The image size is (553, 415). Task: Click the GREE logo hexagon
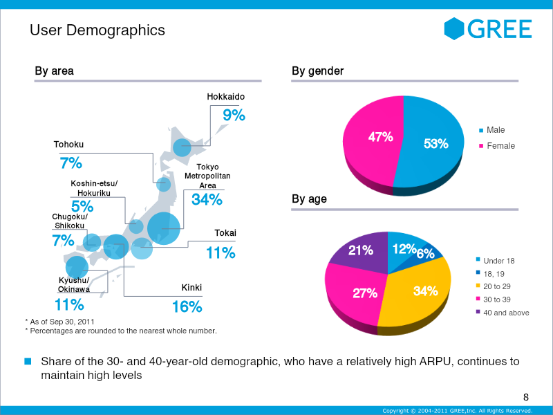[x=454, y=28]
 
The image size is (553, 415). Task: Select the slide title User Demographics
[x=97, y=30]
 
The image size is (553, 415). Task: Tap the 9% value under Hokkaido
[x=234, y=116]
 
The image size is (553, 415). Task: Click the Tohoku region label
[x=68, y=145]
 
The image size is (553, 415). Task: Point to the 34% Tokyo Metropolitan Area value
[x=207, y=200]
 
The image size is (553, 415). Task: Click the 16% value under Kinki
[x=187, y=306]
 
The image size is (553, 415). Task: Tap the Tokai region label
[x=225, y=233]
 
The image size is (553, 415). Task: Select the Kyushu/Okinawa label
[x=73, y=284]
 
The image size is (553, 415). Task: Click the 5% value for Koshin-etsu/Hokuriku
[x=82, y=205]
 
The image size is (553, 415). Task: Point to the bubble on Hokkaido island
[x=182, y=147]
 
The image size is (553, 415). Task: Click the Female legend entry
[x=500, y=146]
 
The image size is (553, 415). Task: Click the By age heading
[x=309, y=199]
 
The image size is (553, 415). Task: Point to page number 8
[x=526, y=397]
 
